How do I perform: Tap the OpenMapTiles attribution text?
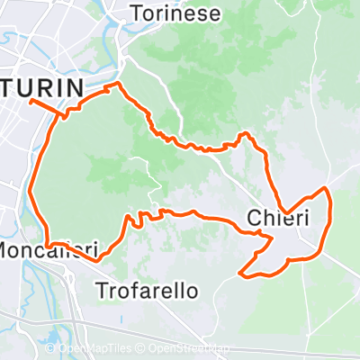91,349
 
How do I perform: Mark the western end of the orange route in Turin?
31,101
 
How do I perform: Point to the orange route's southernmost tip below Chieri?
240,272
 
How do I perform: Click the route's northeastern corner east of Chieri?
326,190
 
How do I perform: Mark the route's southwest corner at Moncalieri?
45,243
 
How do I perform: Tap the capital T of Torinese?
136,13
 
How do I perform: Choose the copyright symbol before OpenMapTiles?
50,349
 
